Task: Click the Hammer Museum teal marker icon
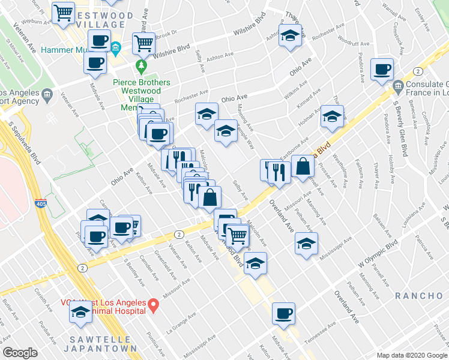point(116,47)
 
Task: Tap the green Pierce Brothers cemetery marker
point(142,64)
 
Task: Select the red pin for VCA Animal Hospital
point(153,307)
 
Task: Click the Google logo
point(20,353)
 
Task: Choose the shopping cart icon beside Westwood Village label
point(63,13)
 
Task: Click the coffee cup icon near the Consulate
point(381,70)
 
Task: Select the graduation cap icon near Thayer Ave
point(290,35)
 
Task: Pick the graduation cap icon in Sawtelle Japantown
point(80,312)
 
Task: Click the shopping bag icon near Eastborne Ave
point(303,167)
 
